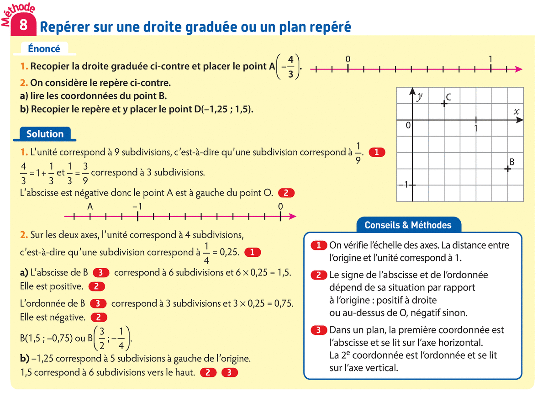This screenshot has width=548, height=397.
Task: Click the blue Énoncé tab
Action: (x=44, y=48)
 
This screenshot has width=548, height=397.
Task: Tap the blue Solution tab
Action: (x=45, y=134)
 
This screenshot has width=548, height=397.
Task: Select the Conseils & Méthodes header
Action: (x=408, y=225)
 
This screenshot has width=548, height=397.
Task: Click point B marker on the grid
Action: (x=507, y=169)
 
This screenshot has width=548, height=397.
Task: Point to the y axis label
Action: (x=420, y=96)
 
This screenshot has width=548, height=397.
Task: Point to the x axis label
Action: (x=516, y=111)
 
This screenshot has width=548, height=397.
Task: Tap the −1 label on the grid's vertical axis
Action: (x=404, y=185)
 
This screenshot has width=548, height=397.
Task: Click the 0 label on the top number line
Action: (x=348, y=59)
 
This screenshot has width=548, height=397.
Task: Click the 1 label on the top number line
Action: (x=490, y=59)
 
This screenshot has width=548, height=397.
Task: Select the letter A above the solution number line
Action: (x=90, y=206)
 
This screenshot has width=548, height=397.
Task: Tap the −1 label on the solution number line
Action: (x=137, y=206)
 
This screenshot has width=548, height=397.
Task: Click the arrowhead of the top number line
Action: (x=518, y=69)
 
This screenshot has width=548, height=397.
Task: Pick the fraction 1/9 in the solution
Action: (x=358, y=152)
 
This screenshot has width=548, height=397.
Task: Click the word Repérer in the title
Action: (x=61, y=27)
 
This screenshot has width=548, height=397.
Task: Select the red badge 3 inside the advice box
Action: (x=319, y=330)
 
